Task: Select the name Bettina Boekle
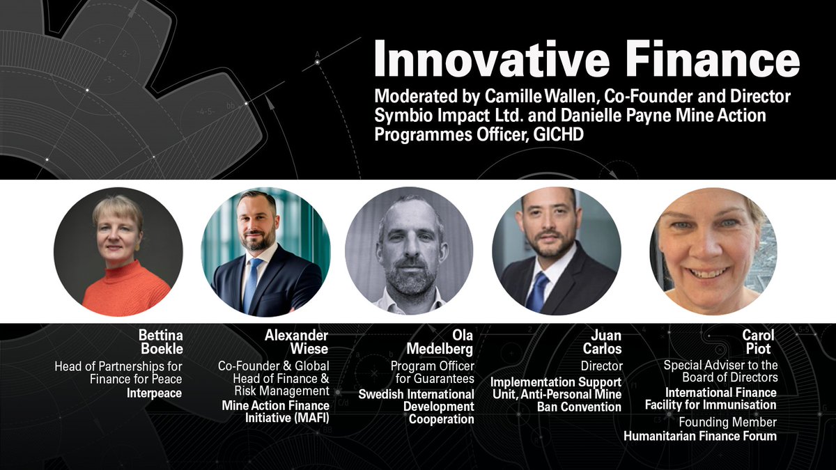coord(160,343)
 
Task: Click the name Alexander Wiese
coord(296,343)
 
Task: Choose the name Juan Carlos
coord(602,343)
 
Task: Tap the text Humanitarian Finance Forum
coord(699,437)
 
